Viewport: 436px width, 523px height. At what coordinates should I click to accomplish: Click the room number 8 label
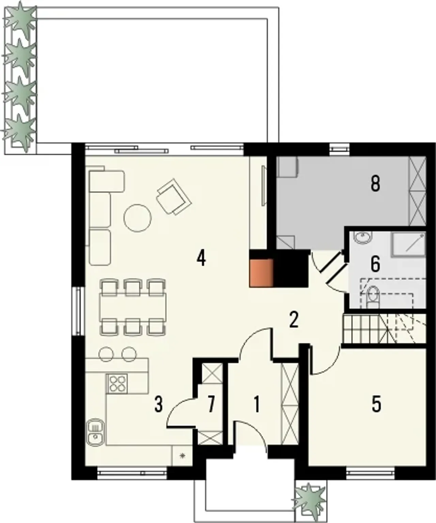(x=375, y=184)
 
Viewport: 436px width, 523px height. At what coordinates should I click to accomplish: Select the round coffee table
(x=138, y=217)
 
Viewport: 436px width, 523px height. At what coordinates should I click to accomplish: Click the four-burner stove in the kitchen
(x=117, y=383)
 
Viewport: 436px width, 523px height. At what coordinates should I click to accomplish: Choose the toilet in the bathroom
(x=373, y=297)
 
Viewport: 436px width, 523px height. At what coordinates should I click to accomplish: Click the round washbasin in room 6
(x=363, y=237)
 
